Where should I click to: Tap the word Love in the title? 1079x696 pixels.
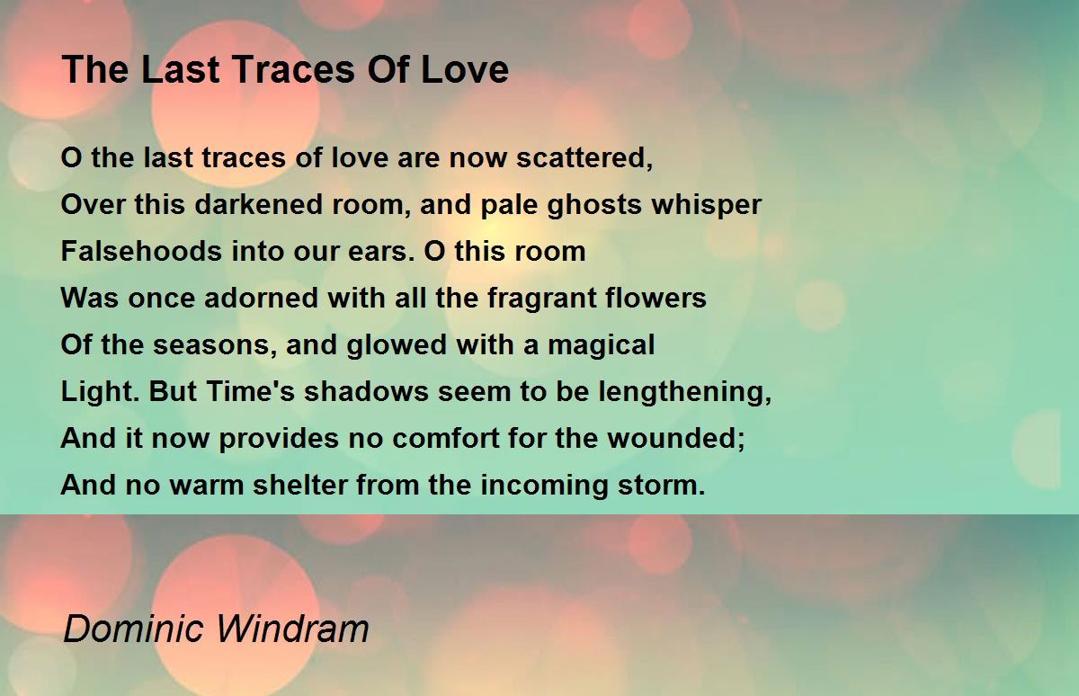click(464, 69)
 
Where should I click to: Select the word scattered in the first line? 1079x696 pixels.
click(584, 158)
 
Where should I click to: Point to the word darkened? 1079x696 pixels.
click(259, 204)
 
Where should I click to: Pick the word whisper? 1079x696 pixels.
click(707, 206)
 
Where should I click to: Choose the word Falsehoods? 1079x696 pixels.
click(141, 251)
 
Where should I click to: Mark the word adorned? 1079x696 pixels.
click(261, 298)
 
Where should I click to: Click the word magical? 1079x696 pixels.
click(602, 346)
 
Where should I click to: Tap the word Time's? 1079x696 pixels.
click(250, 391)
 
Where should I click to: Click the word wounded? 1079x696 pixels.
click(676, 438)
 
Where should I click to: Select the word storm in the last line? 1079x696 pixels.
click(662, 485)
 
